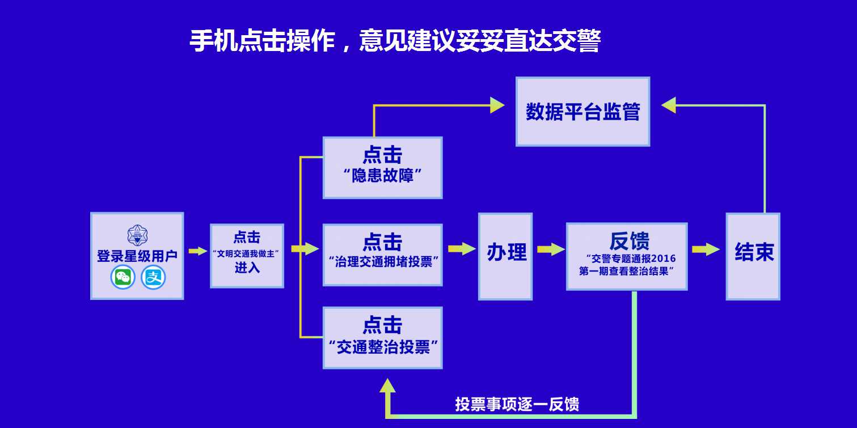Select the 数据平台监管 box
point(582,112)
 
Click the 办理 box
point(505,256)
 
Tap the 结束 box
point(753,256)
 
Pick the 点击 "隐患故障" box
point(382,167)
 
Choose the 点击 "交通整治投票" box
point(382,337)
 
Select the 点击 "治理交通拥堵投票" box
point(382,255)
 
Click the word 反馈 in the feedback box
point(629,241)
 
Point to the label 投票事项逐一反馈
point(517,404)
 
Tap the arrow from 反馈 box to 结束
point(706,249)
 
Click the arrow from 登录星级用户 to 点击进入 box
point(197,251)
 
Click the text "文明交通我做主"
point(247,253)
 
